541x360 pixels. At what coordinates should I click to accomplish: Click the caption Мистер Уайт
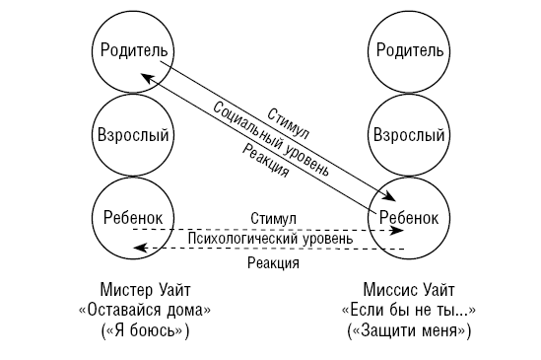point(144,291)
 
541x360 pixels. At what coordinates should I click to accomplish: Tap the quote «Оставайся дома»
point(144,311)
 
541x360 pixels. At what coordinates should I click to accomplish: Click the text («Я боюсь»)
point(144,331)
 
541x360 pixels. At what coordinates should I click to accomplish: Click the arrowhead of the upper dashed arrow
point(398,229)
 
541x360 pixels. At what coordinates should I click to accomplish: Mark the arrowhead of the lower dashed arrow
point(139,251)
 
